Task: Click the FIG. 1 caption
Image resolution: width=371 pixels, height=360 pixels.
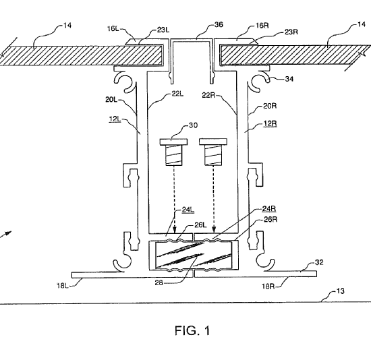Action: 192,330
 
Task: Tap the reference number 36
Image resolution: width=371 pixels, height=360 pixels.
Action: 219,24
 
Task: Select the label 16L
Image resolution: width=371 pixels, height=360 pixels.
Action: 113,28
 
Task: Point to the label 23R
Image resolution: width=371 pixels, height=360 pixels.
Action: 291,32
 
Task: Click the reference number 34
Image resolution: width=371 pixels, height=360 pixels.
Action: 289,79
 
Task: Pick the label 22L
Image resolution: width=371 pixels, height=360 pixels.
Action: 177,94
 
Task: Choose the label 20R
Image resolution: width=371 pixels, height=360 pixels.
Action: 270,106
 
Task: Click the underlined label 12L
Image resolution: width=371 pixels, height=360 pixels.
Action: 115,119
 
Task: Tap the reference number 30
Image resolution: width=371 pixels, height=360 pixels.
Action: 193,125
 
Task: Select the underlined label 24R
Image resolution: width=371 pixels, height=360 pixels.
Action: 269,209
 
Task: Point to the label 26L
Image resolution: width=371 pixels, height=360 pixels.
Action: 200,225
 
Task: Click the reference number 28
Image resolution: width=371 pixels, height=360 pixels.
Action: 159,282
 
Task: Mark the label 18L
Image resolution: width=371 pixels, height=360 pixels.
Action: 63,286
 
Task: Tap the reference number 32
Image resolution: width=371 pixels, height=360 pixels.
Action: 319,262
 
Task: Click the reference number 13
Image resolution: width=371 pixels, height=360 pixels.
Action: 340,291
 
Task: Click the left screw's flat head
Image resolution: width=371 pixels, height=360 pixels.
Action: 173,142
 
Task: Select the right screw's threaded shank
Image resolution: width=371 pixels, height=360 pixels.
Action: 214,155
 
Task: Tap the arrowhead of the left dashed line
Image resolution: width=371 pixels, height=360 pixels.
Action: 175,230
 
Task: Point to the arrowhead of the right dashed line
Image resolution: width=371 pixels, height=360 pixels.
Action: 214,230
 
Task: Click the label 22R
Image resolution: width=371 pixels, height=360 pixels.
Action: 208,95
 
